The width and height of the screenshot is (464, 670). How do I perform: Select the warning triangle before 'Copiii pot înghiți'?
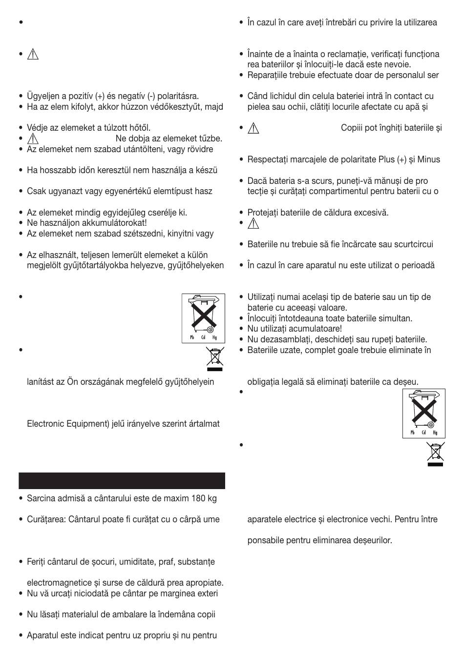tap(253, 128)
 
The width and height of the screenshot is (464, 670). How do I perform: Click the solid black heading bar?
tap(122, 480)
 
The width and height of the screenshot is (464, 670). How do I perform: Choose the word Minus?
tap(428, 160)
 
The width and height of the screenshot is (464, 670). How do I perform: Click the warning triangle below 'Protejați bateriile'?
tap(253, 224)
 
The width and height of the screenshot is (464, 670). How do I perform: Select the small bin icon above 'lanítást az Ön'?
tap(214, 357)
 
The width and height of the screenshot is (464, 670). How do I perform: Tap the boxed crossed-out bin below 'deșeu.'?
tap(423, 413)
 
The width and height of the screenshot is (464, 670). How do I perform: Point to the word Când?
tap(258, 97)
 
